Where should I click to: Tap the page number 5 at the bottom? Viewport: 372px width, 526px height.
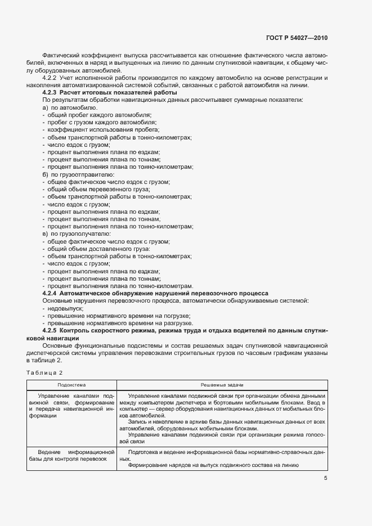[325, 478]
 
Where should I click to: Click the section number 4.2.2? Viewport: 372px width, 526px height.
[51, 78]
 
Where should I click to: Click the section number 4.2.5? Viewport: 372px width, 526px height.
[51, 330]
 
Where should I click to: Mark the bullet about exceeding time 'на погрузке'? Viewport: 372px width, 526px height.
[118, 316]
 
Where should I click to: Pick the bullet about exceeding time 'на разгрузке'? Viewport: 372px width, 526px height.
[119, 323]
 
